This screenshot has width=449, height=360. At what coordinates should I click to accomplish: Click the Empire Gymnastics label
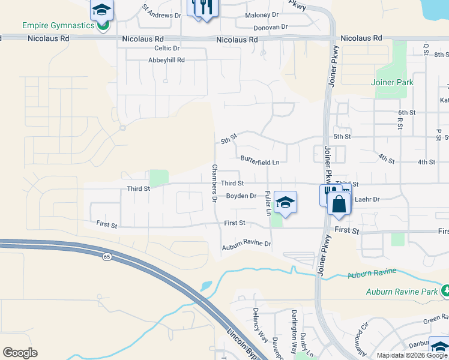[x=58, y=26]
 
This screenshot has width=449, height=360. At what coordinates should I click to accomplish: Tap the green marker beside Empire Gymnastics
[x=103, y=26]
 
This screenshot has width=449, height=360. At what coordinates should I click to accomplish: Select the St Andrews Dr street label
[x=161, y=12]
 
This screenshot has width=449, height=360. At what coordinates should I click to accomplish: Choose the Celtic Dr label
[x=167, y=48]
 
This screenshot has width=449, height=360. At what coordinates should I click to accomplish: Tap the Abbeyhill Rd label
[x=166, y=60]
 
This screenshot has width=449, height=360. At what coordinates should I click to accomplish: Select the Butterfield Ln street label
[x=260, y=162]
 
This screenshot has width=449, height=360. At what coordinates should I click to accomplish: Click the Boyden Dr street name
[x=241, y=196]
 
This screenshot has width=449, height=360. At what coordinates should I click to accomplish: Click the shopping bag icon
[x=339, y=204]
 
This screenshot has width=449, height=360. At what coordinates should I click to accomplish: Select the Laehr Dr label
[x=367, y=199]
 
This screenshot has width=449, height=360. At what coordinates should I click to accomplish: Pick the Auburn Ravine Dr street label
[x=247, y=244]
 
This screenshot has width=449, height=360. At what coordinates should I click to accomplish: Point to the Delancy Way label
[x=259, y=324]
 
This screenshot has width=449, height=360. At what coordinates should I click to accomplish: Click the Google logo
[x=20, y=353]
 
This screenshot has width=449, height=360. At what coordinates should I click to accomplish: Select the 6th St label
[x=406, y=112]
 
